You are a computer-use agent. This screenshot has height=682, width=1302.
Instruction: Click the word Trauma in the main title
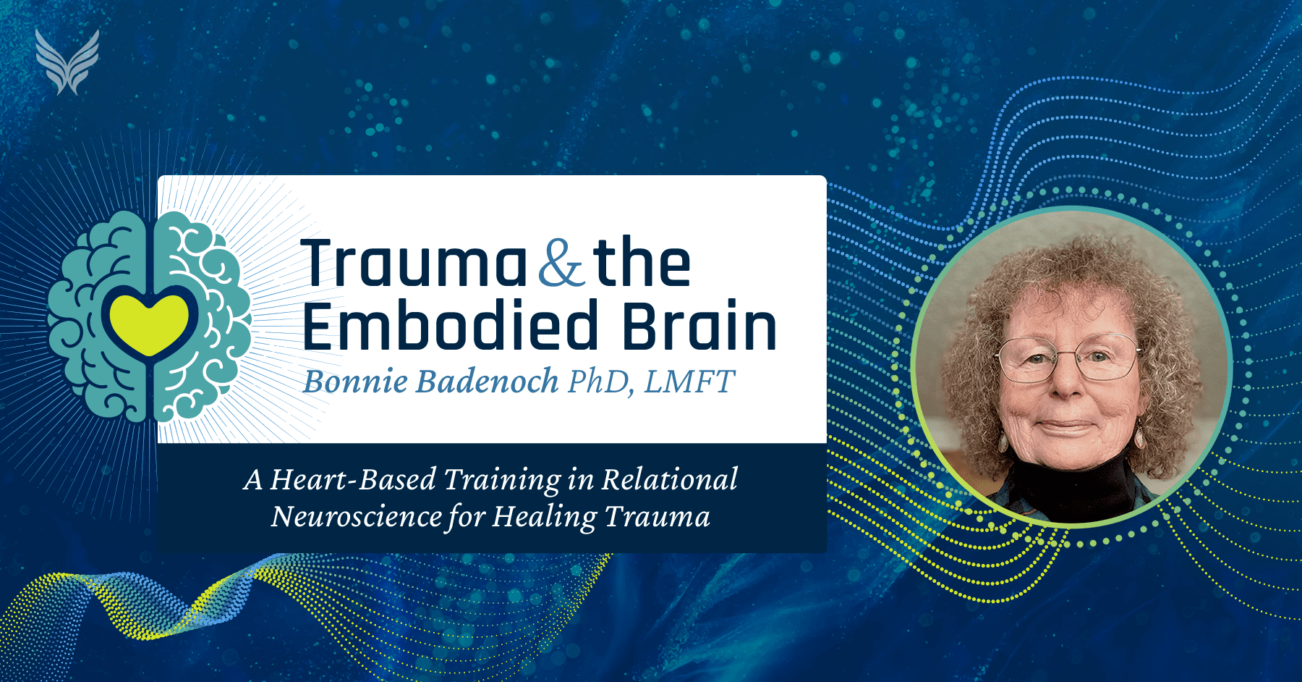(x=414, y=264)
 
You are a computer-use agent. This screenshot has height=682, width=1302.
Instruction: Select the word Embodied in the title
(x=451, y=327)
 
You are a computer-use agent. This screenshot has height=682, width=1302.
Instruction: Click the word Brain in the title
(x=699, y=327)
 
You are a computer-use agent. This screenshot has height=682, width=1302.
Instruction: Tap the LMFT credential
(x=689, y=382)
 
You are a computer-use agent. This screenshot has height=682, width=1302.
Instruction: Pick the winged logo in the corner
(x=67, y=62)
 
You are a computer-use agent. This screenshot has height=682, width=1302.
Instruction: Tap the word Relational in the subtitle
(x=670, y=479)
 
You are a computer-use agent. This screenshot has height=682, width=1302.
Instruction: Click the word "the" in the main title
(x=642, y=264)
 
